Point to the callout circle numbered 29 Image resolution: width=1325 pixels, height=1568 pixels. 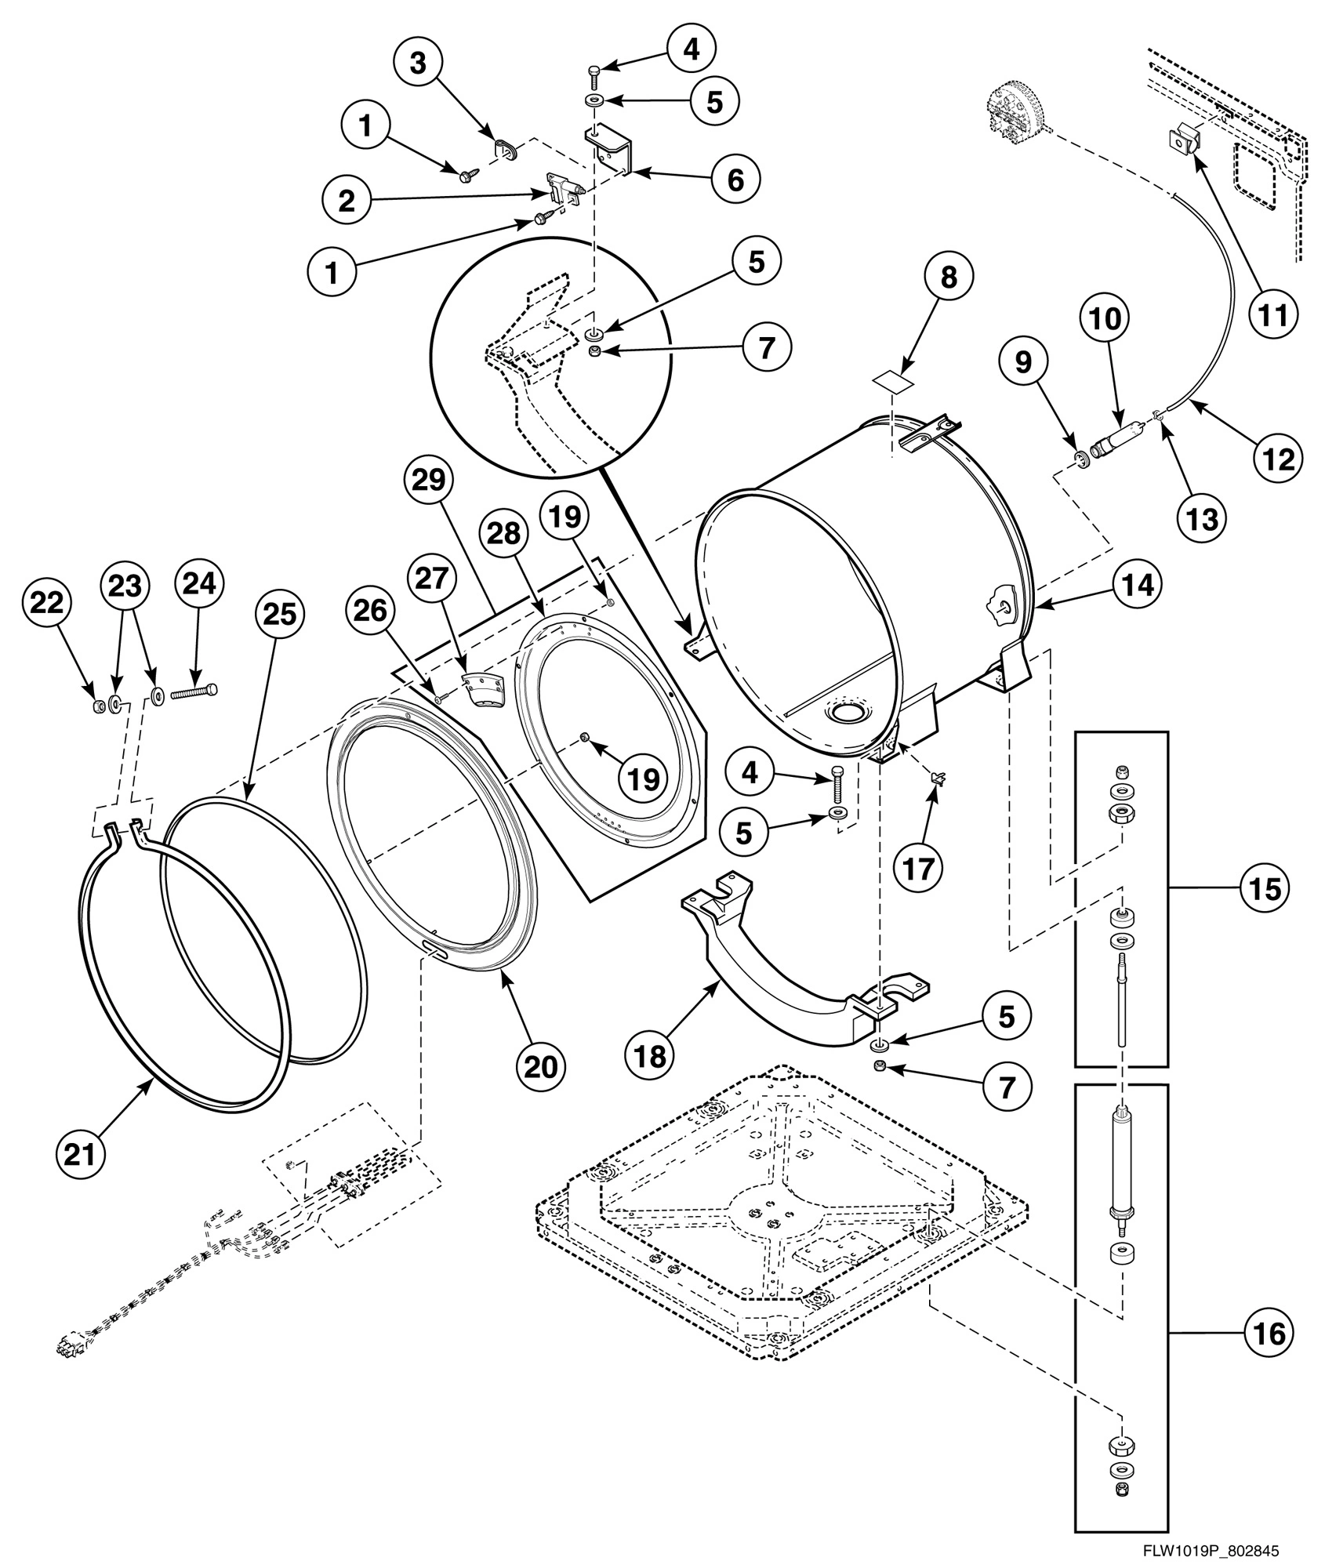[x=430, y=481]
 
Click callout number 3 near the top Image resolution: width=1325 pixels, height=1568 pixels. [x=419, y=64]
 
